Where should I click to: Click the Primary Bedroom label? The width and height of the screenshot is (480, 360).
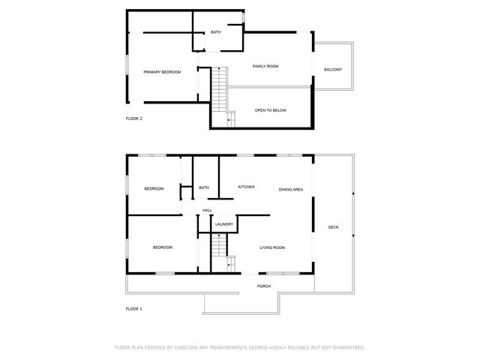point(163,72)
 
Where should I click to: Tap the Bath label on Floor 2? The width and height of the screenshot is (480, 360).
point(216,32)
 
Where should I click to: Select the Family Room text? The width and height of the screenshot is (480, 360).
point(265,67)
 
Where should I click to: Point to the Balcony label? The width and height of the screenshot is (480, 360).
point(333,70)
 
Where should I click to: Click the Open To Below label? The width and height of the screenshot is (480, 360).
point(271,110)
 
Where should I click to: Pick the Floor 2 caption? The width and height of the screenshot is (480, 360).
point(134,118)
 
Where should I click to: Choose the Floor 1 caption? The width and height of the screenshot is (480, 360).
point(134,308)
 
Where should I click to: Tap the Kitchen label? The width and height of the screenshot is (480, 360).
point(246,187)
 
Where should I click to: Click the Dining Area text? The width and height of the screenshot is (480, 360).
point(291,190)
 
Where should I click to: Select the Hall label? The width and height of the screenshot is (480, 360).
point(208,210)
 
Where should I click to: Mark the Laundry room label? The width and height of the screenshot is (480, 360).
point(224,224)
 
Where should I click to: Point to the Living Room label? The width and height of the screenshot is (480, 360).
point(272,247)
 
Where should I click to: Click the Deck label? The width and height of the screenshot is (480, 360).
point(333,227)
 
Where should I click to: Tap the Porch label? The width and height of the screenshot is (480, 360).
point(264,286)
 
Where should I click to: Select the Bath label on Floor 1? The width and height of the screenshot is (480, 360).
point(204,188)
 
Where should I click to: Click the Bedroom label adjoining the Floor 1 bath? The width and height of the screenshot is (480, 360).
point(154,188)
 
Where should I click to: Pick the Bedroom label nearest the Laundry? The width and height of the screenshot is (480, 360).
point(163,247)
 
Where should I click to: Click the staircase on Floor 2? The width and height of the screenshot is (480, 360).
point(218,88)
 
